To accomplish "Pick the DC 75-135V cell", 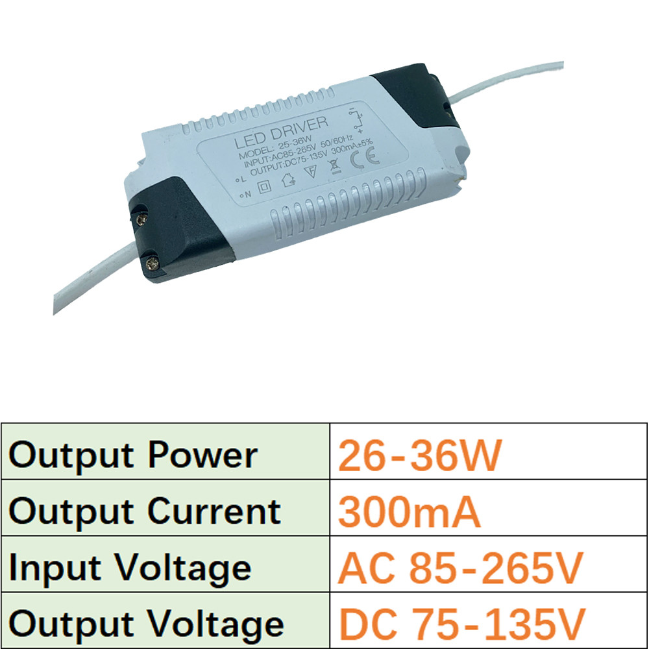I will click(462, 624).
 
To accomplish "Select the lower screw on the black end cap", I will click(151, 262).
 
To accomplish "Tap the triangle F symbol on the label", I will click(311, 173).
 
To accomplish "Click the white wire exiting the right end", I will click(513, 81).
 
